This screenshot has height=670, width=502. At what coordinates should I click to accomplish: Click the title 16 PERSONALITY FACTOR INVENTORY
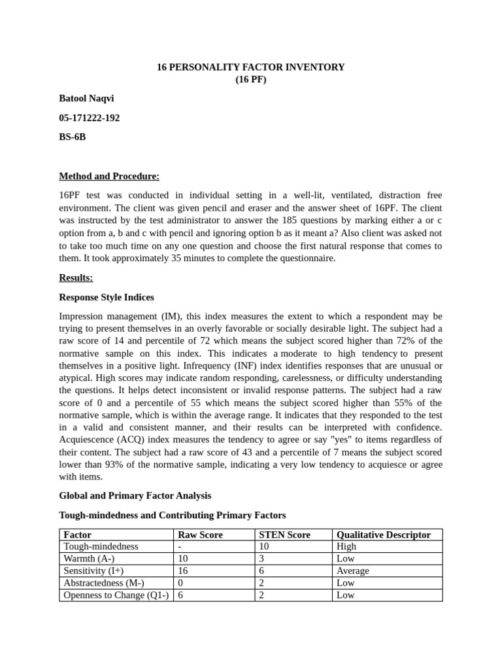click(250, 67)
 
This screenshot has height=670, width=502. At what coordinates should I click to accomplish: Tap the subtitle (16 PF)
click(251, 80)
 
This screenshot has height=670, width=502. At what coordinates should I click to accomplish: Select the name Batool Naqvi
click(86, 99)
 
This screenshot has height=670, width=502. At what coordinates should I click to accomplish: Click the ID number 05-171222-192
click(90, 118)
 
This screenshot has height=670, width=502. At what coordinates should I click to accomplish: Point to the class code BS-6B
click(73, 137)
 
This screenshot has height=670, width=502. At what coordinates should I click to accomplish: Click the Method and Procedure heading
click(109, 176)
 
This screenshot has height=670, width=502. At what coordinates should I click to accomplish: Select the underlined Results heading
click(76, 277)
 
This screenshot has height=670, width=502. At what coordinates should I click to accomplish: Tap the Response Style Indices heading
click(107, 297)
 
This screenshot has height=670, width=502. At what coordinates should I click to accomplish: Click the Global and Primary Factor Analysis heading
click(135, 495)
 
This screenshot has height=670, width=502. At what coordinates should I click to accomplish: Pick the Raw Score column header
click(200, 535)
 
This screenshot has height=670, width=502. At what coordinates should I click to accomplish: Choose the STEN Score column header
click(284, 535)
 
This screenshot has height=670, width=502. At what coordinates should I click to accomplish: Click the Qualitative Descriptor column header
click(383, 535)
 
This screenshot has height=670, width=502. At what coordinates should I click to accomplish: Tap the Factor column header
click(77, 535)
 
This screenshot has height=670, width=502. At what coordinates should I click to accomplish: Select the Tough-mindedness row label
click(101, 546)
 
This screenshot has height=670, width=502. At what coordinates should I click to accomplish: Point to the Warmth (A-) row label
click(89, 559)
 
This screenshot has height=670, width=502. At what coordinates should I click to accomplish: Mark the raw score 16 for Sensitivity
click(183, 571)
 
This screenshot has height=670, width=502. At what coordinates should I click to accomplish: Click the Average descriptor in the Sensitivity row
click(352, 571)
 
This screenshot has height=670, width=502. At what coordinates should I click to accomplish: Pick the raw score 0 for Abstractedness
click(180, 583)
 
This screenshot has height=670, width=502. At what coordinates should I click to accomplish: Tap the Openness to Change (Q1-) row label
click(116, 595)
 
